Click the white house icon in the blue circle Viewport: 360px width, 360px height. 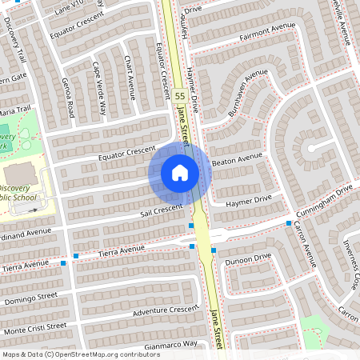[x=180, y=172]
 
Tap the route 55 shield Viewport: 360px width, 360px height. [x=180, y=95]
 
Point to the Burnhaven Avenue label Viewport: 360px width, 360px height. [x=247, y=93]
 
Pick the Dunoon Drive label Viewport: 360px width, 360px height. [x=248, y=259]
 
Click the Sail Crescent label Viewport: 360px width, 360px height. [x=162, y=210]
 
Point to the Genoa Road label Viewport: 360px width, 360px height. [x=69, y=95]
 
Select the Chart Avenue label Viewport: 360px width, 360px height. [x=130, y=78]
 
